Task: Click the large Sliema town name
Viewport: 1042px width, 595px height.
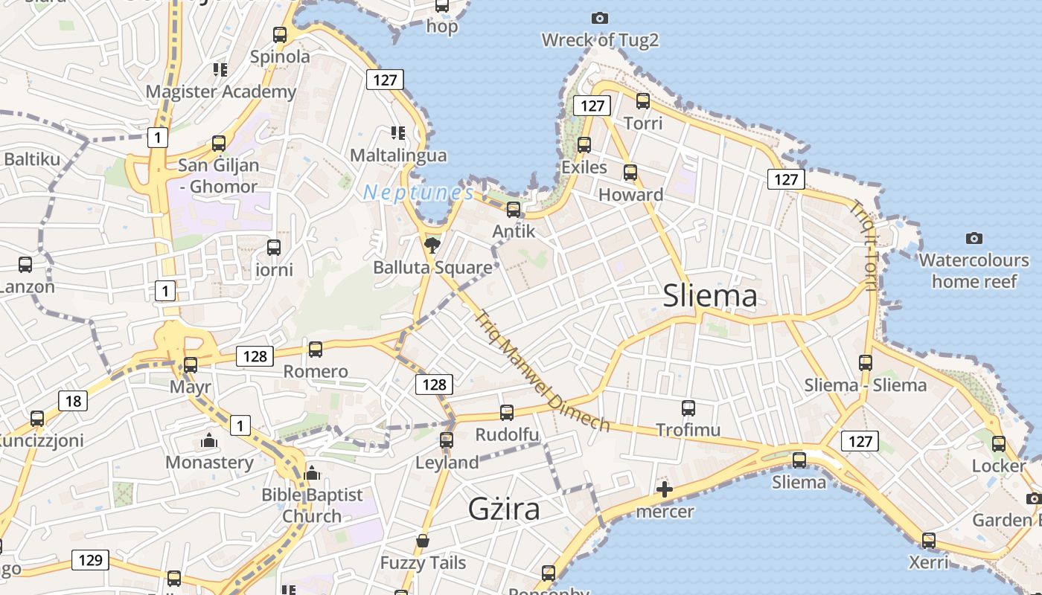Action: click(710, 296)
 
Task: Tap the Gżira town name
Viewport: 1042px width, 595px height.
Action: click(504, 509)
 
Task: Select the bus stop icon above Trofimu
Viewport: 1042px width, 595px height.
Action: click(688, 408)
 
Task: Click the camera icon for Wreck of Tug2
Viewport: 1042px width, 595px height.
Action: click(599, 18)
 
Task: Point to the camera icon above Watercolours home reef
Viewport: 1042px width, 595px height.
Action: click(974, 238)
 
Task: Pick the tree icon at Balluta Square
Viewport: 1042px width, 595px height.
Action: click(432, 244)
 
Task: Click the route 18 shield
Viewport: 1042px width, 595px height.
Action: click(73, 402)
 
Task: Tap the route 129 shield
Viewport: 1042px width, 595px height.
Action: click(90, 560)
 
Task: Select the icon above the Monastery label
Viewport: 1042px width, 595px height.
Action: click(209, 441)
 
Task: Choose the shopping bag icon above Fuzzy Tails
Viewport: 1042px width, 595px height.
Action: click(423, 541)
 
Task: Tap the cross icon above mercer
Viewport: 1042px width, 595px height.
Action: click(665, 489)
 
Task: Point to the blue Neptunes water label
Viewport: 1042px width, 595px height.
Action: click(418, 193)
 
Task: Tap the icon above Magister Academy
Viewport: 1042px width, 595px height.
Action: click(220, 70)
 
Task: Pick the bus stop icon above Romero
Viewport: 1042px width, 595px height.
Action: click(316, 349)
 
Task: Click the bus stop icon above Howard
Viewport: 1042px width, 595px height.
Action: click(630, 173)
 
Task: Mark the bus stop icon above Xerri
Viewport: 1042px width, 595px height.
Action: click(929, 540)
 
